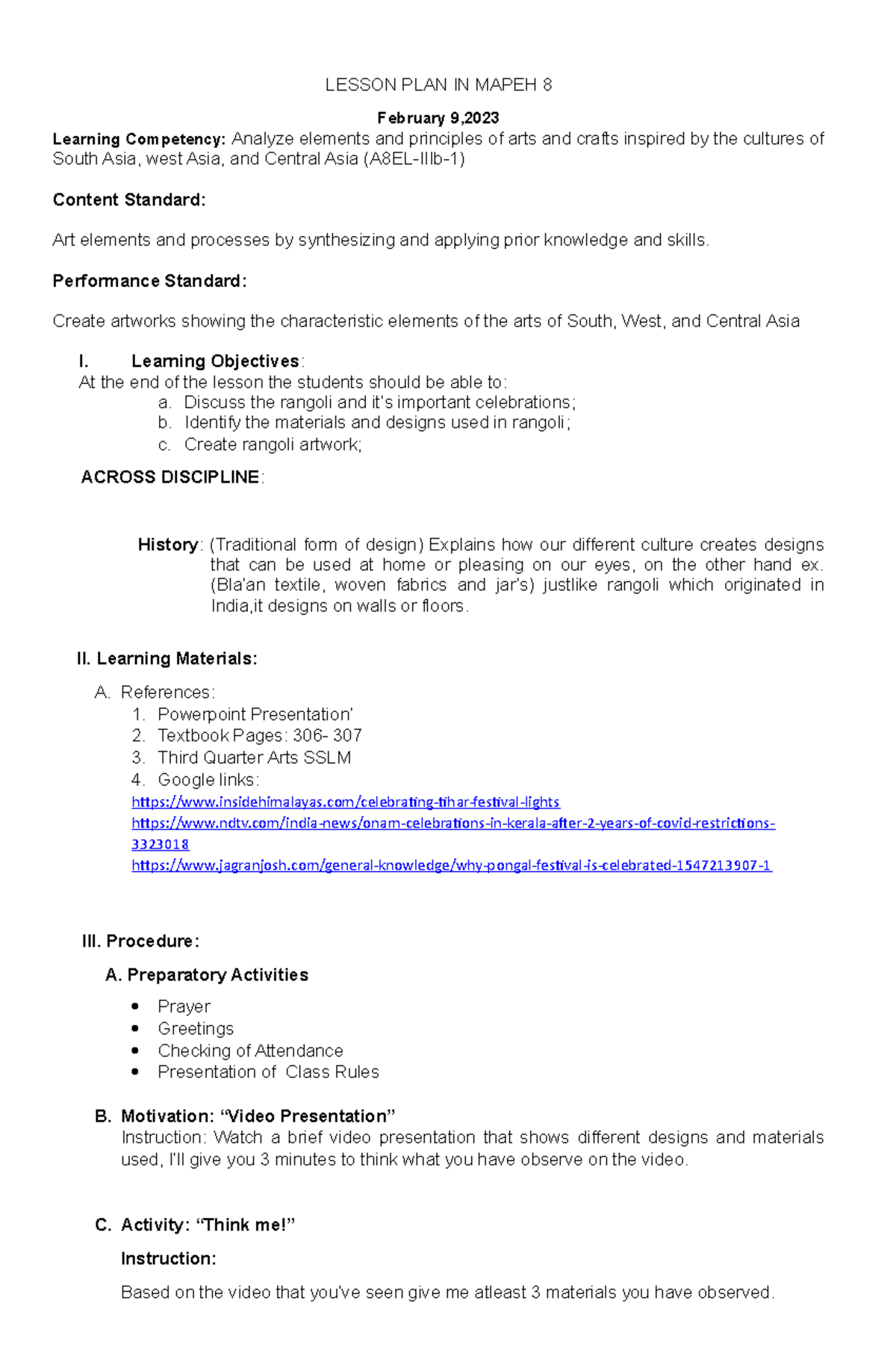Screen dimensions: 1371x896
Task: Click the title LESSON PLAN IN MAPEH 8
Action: coord(438,85)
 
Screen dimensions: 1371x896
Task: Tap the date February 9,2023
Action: coord(438,118)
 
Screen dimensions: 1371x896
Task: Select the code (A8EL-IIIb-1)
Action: coord(413,159)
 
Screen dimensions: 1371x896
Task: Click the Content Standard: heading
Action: coord(128,200)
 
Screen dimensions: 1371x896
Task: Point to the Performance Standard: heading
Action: coord(149,281)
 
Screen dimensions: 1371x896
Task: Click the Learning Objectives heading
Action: coord(215,362)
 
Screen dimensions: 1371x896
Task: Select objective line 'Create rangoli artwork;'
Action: coord(273,445)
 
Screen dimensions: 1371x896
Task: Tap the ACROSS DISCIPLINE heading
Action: coord(170,477)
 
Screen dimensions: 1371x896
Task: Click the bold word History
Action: coord(168,545)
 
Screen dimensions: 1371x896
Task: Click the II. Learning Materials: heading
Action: coord(167,659)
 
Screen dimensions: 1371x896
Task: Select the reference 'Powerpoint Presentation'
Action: coord(255,714)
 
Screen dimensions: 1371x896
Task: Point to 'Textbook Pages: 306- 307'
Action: coord(259,736)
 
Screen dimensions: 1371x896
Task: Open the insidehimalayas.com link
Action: coord(345,802)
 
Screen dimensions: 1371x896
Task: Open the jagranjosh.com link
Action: coord(451,866)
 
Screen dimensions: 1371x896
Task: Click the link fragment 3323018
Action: coord(160,845)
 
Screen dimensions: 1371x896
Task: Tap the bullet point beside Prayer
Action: coord(134,1007)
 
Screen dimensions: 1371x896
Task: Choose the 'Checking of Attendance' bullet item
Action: coord(250,1051)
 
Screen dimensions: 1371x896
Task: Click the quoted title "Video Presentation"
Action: coord(308,1117)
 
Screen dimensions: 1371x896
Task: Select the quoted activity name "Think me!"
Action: coord(246,1225)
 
